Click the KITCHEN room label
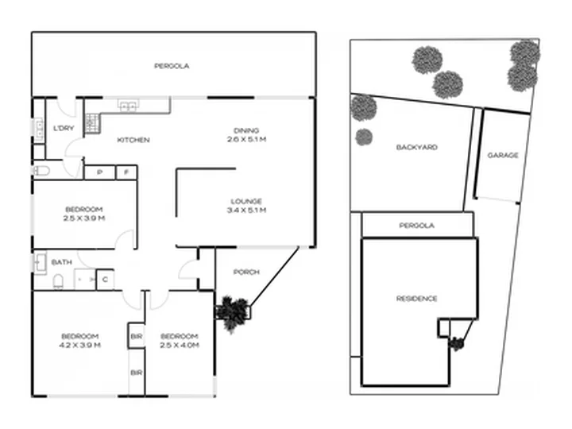tap(133, 140)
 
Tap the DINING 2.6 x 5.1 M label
tap(246, 134)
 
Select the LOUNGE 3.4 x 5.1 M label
tap(246, 206)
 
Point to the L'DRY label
tap(64, 128)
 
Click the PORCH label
tap(246, 272)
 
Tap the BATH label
tap(62, 262)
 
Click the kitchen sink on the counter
tap(128, 106)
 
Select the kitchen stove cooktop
tap(91, 123)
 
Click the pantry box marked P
tap(100, 172)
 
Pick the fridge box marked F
tap(126, 172)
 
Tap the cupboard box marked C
tap(105, 280)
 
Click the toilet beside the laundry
tap(41, 170)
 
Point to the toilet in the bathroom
tap(58, 282)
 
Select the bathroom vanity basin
tap(40, 262)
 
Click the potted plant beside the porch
tap(232, 313)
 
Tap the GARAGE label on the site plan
tap(503, 155)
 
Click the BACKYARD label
tap(417, 147)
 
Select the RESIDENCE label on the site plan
tap(416, 299)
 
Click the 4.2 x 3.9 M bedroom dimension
tap(80, 345)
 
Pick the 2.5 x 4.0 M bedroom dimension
tap(180, 345)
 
